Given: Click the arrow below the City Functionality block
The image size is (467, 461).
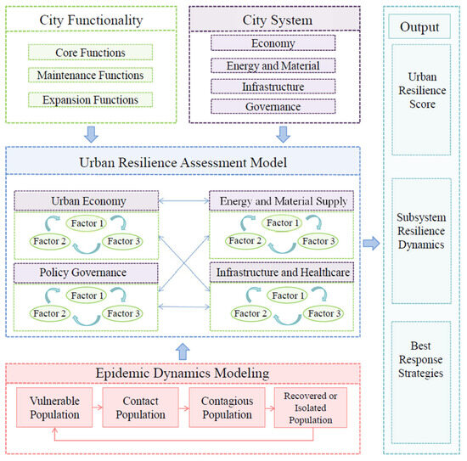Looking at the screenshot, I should point(91,133).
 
